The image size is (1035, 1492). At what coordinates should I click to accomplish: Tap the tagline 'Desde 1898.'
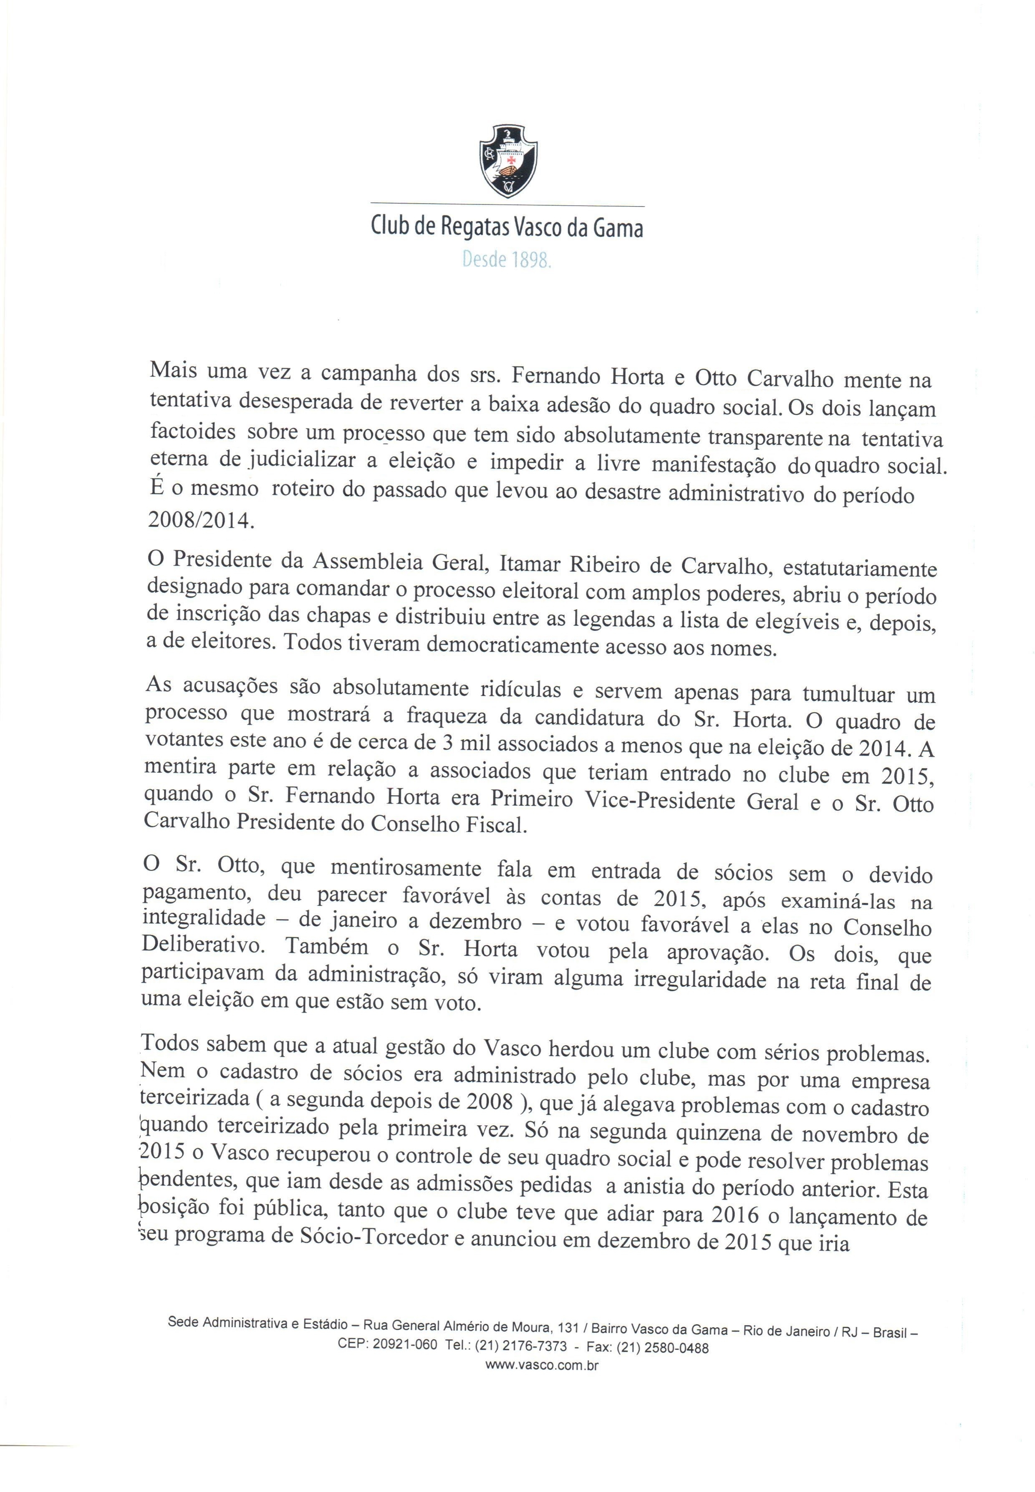507,260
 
